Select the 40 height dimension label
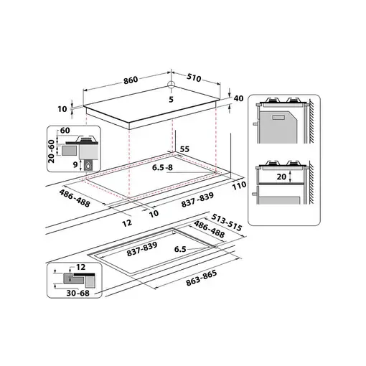[240, 98]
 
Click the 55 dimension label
[184, 148]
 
